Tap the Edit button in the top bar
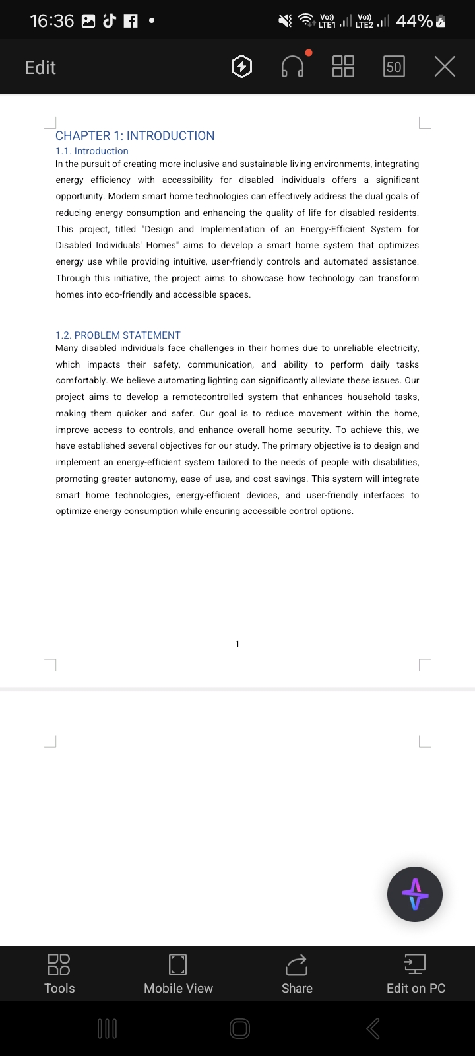click(x=40, y=67)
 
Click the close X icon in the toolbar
click(x=445, y=67)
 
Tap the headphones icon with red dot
click(x=293, y=66)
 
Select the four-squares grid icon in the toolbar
click(x=343, y=67)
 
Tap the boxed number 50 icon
click(x=394, y=67)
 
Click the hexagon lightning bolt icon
click(x=242, y=67)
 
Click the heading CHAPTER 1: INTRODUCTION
click(x=135, y=135)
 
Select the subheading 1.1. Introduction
click(x=92, y=151)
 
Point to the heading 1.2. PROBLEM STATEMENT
click(x=118, y=335)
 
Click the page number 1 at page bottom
click(x=237, y=643)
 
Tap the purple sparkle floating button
click(x=414, y=894)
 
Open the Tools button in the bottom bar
click(x=59, y=973)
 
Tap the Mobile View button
click(x=178, y=973)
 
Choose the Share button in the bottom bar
click(x=297, y=973)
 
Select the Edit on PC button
click(x=416, y=973)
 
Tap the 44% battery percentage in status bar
click(x=414, y=21)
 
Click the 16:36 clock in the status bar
click(x=52, y=21)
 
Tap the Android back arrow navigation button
click(x=373, y=1028)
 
